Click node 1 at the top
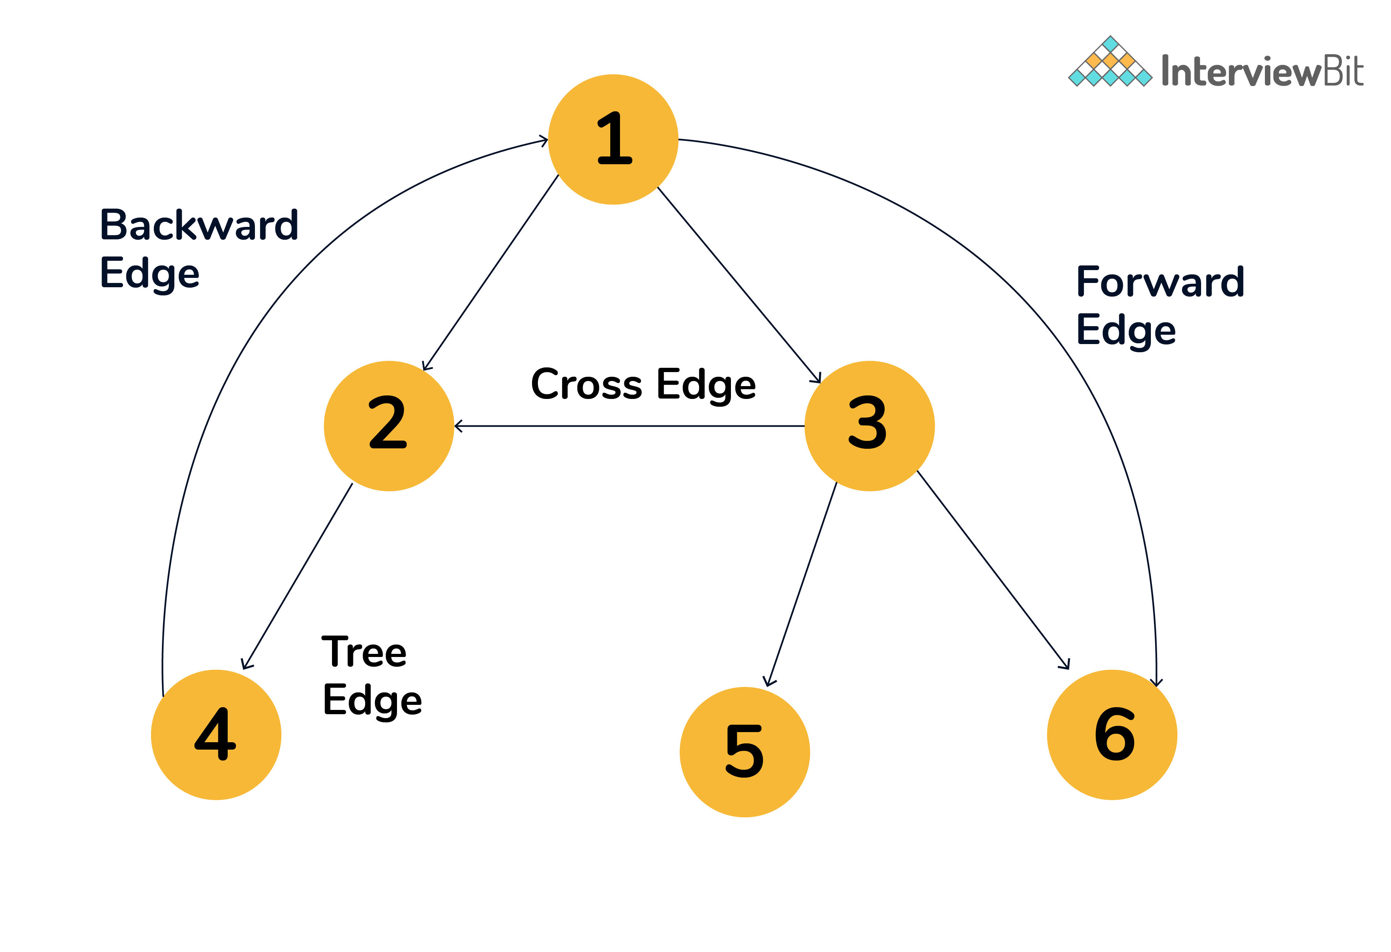pyautogui.click(x=613, y=139)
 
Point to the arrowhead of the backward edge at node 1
pyautogui.click(x=543, y=141)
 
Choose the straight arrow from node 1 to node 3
pyautogui.click(x=739, y=285)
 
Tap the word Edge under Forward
pyautogui.click(x=1125, y=330)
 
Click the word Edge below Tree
pyautogui.click(x=372, y=700)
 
